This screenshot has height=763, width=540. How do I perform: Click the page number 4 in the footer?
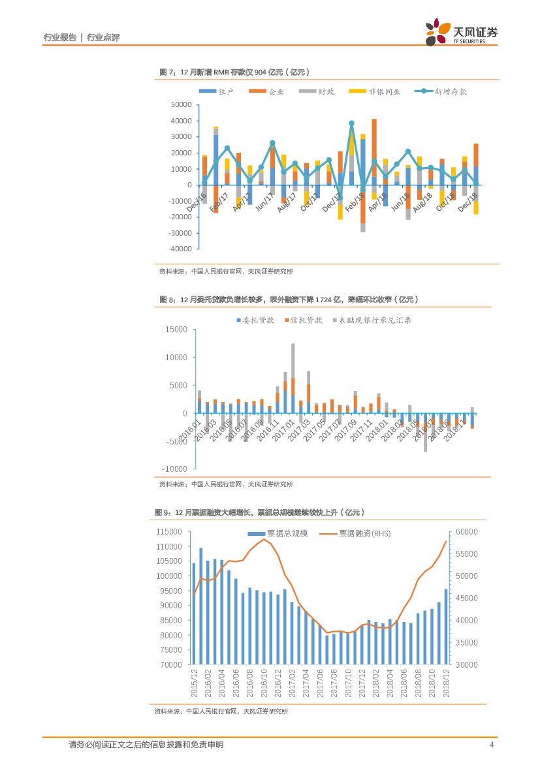coord(491,745)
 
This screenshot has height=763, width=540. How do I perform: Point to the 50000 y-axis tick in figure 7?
coord(181,104)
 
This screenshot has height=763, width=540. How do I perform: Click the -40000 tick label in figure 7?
coord(180,249)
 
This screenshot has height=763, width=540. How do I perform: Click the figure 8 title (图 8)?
coord(288,299)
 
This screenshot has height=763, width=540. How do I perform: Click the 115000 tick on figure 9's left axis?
coord(169,532)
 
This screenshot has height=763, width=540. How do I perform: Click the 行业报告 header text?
coord(59,38)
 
